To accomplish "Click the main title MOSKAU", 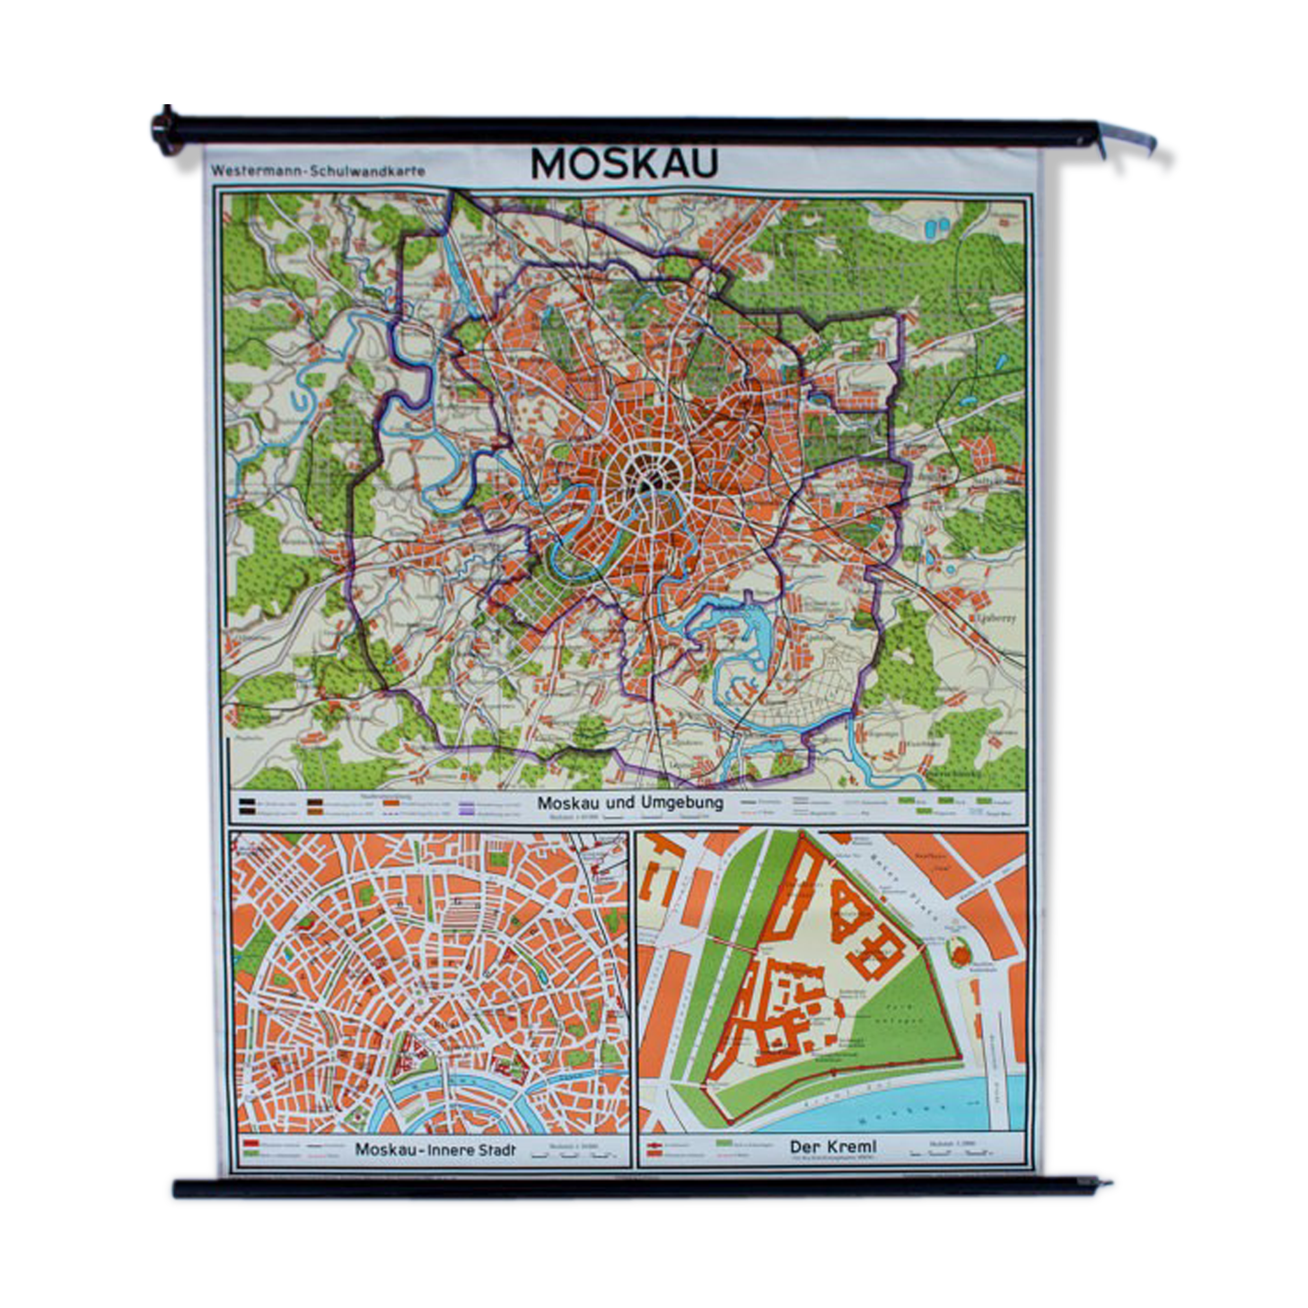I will click(x=625, y=164).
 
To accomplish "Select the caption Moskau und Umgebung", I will click(x=630, y=803).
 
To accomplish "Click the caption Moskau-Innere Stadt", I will click(x=435, y=1149).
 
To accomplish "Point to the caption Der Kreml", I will click(x=832, y=1146).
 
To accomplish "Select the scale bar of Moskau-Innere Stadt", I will click(x=570, y=1153).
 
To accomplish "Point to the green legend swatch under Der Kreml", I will click(x=727, y=1145).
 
